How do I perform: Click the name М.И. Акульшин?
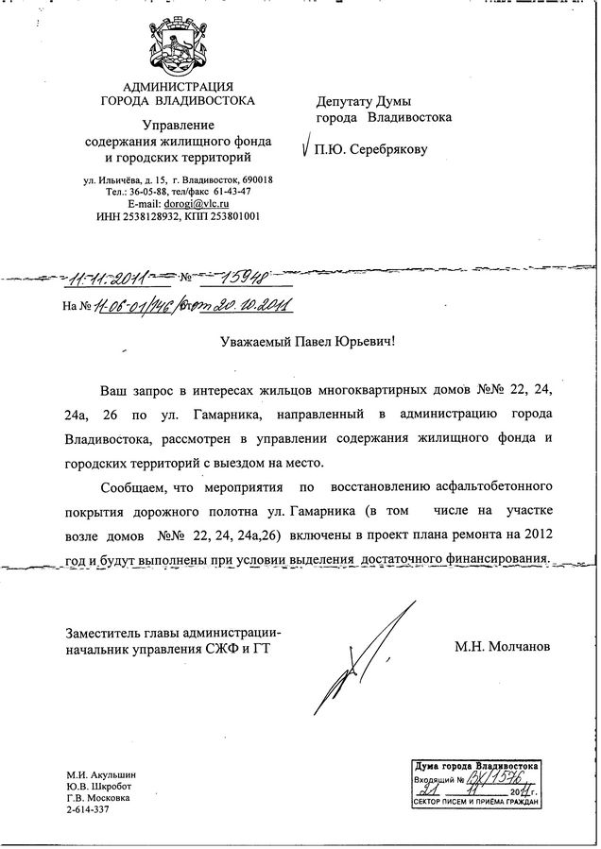(101, 775)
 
